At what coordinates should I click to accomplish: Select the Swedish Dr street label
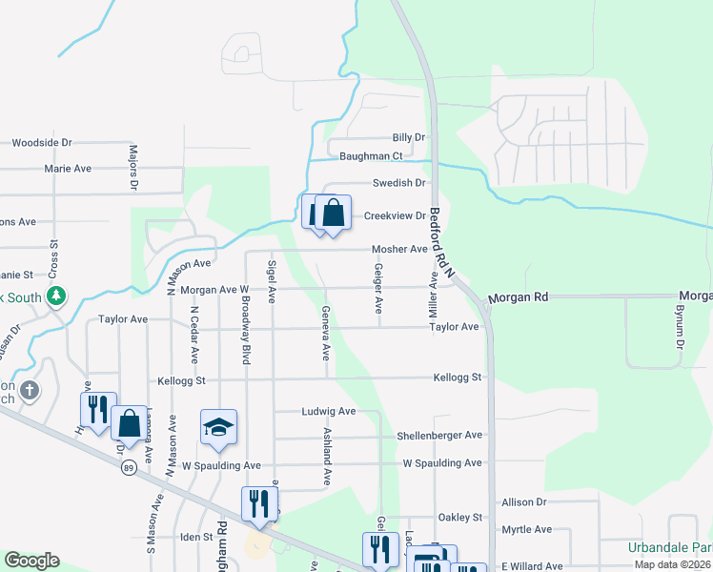(x=398, y=182)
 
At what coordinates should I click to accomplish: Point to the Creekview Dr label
(x=396, y=215)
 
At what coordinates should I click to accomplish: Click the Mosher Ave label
(x=399, y=249)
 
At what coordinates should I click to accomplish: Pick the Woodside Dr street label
(x=42, y=142)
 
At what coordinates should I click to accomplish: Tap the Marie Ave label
(x=68, y=168)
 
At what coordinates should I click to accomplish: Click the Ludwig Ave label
(x=328, y=411)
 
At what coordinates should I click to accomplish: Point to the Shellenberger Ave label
(x=439, y=435)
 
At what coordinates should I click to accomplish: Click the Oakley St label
(x=460, y=517)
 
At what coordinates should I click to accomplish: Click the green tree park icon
(x=57, y=296)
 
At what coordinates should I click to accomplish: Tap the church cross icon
(x=31, y=391)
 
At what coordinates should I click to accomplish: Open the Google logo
(x=31, y=561)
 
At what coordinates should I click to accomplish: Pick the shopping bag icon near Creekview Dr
(x=333, y=214)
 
